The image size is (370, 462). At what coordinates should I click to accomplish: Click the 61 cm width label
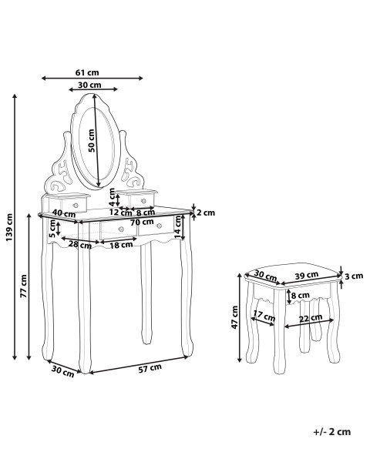(87, 72)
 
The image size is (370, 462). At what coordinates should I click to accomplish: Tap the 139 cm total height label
(9, 227)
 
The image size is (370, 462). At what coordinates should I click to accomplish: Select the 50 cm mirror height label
(92, 141)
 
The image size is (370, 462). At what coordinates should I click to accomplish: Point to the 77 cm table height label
(24, 286)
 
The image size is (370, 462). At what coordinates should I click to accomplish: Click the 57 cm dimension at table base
(150, 369)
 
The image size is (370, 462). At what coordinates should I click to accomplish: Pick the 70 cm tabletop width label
(142, 222)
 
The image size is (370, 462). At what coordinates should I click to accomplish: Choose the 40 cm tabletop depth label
(64, 213)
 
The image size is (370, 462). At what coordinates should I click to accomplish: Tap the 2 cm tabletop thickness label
(206, 213)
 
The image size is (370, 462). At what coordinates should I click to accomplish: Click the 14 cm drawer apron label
(177, 227)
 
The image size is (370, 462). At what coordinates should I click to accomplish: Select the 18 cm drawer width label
(121, 245)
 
